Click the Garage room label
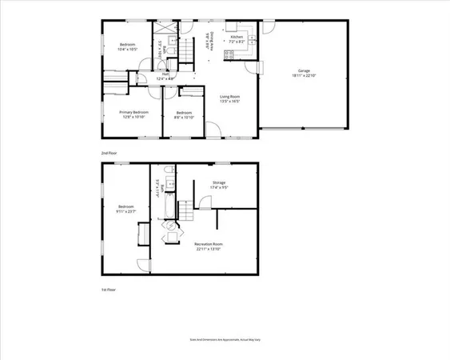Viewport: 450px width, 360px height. pyautogui.click(x=304, y=71)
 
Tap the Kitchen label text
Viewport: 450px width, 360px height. pyautogui.click(x=237, y=37)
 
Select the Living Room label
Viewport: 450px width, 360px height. pyautogui.click(x=230, y=97)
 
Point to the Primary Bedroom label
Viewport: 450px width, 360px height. pyautogui.click(x=134, y=112)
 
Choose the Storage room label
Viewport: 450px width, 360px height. pyautogui.click(x=219, y=182)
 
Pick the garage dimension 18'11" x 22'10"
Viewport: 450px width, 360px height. pyautogui.click(x=304, y=76)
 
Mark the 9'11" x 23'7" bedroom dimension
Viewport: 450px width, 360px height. pyautogui.click(x=123, y=211)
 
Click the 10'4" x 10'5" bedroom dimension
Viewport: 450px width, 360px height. pyautogui.click(x=128, y=48)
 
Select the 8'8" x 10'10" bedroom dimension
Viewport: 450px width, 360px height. pyautogui.click(x=185, y=117)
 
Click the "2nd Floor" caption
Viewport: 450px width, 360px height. pyautogui.click(x=109, y=151)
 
